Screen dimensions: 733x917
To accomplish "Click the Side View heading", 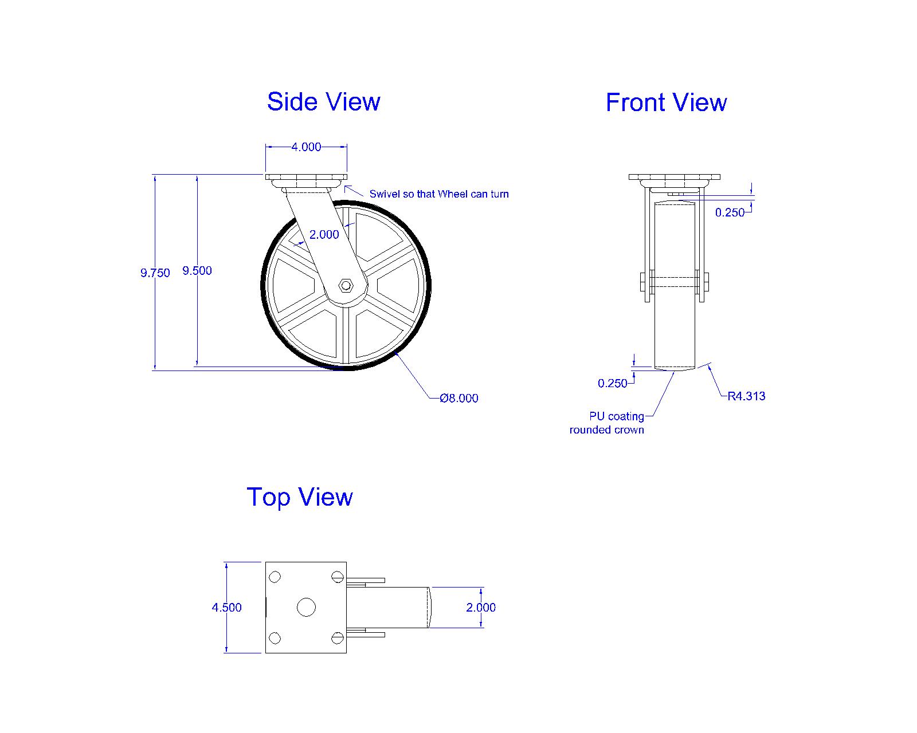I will tap(323, 102).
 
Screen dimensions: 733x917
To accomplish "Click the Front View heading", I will tap(666, 103).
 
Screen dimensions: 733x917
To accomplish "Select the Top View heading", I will tap(299, 497).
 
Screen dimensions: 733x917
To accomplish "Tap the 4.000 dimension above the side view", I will tap(306, 147).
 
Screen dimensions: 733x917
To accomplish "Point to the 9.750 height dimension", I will tap(155, 273).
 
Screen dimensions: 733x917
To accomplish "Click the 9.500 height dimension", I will tap(197, 271).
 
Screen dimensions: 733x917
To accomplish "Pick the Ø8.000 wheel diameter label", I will tap(458, 398).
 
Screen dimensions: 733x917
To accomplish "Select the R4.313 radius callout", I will tap(746, 396).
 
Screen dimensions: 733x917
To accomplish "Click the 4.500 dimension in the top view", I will tap(226, 608).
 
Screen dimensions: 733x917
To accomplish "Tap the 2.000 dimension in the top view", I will tap(481, 608).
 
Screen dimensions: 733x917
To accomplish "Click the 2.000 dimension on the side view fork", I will tap(324, 235).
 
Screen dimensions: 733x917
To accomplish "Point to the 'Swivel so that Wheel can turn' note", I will tap(438, 194).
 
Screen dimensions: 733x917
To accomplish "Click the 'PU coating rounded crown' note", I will tap(607, 423).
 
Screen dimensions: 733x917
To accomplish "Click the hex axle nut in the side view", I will tap(346, 284).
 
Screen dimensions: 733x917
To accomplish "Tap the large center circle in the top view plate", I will tap(306, 607).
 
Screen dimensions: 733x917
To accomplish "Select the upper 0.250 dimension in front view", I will tap(730, 212).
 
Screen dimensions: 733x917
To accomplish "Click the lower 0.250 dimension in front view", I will tap(613, 384).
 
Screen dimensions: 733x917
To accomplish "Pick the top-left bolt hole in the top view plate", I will tap(275, 577).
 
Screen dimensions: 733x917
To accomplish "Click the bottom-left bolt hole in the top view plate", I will tap(275, 637).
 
